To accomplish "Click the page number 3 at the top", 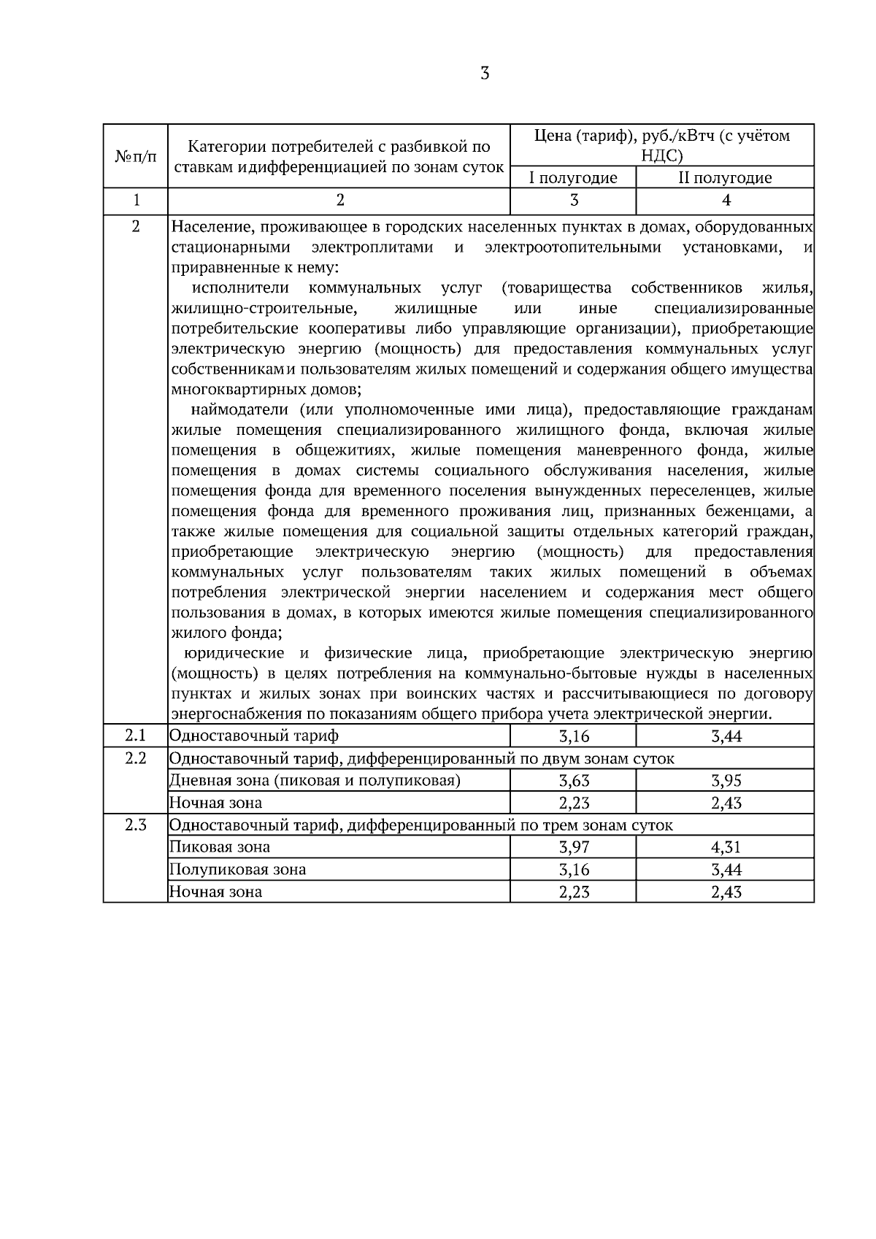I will [485, 73].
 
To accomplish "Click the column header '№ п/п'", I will [136, 156].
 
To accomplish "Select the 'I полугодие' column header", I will [573, 178].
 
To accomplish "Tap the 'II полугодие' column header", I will [725, 178].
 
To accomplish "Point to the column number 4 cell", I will [725, 201].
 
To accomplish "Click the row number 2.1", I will [136, 736].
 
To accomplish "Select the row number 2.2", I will [136, 758].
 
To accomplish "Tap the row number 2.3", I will [136, 825].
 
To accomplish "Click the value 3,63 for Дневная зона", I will [574, 781].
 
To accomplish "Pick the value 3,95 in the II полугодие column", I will [726, 781].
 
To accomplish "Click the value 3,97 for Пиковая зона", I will [574, 847].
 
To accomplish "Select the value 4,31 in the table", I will [726, 847].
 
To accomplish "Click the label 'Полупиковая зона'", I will [238, 870].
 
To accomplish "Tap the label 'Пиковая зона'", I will [220, 847].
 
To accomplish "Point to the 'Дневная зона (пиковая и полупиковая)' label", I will [315, 781].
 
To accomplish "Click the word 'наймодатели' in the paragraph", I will [234, 409].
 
